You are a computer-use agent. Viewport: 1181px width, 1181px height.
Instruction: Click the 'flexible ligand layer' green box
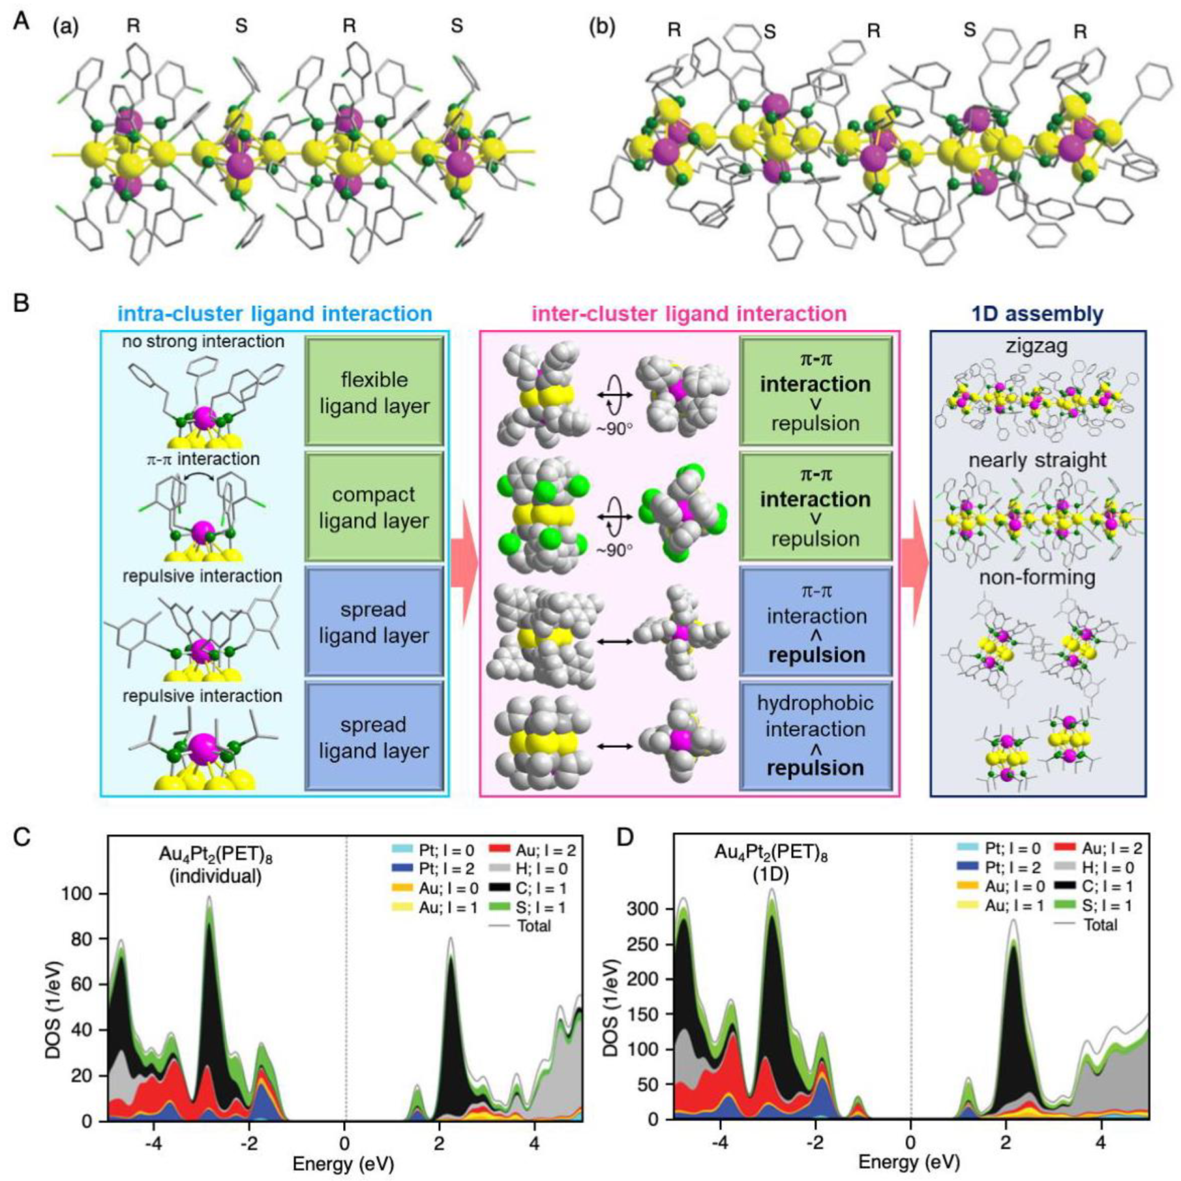tap(374, 392)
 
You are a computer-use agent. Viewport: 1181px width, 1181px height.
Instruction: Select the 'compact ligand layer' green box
tap(374, 507)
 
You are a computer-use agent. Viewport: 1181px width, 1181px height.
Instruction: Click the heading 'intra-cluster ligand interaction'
tap(275, 313)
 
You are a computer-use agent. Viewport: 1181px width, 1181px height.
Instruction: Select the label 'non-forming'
tap(1037, 577)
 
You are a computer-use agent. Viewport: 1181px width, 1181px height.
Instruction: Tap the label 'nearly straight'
tap(1037, 461)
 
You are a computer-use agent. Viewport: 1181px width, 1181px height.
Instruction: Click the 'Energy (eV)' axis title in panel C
tap(344, 1164)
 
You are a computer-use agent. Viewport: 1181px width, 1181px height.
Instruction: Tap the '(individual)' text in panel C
tap(216, 876)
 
